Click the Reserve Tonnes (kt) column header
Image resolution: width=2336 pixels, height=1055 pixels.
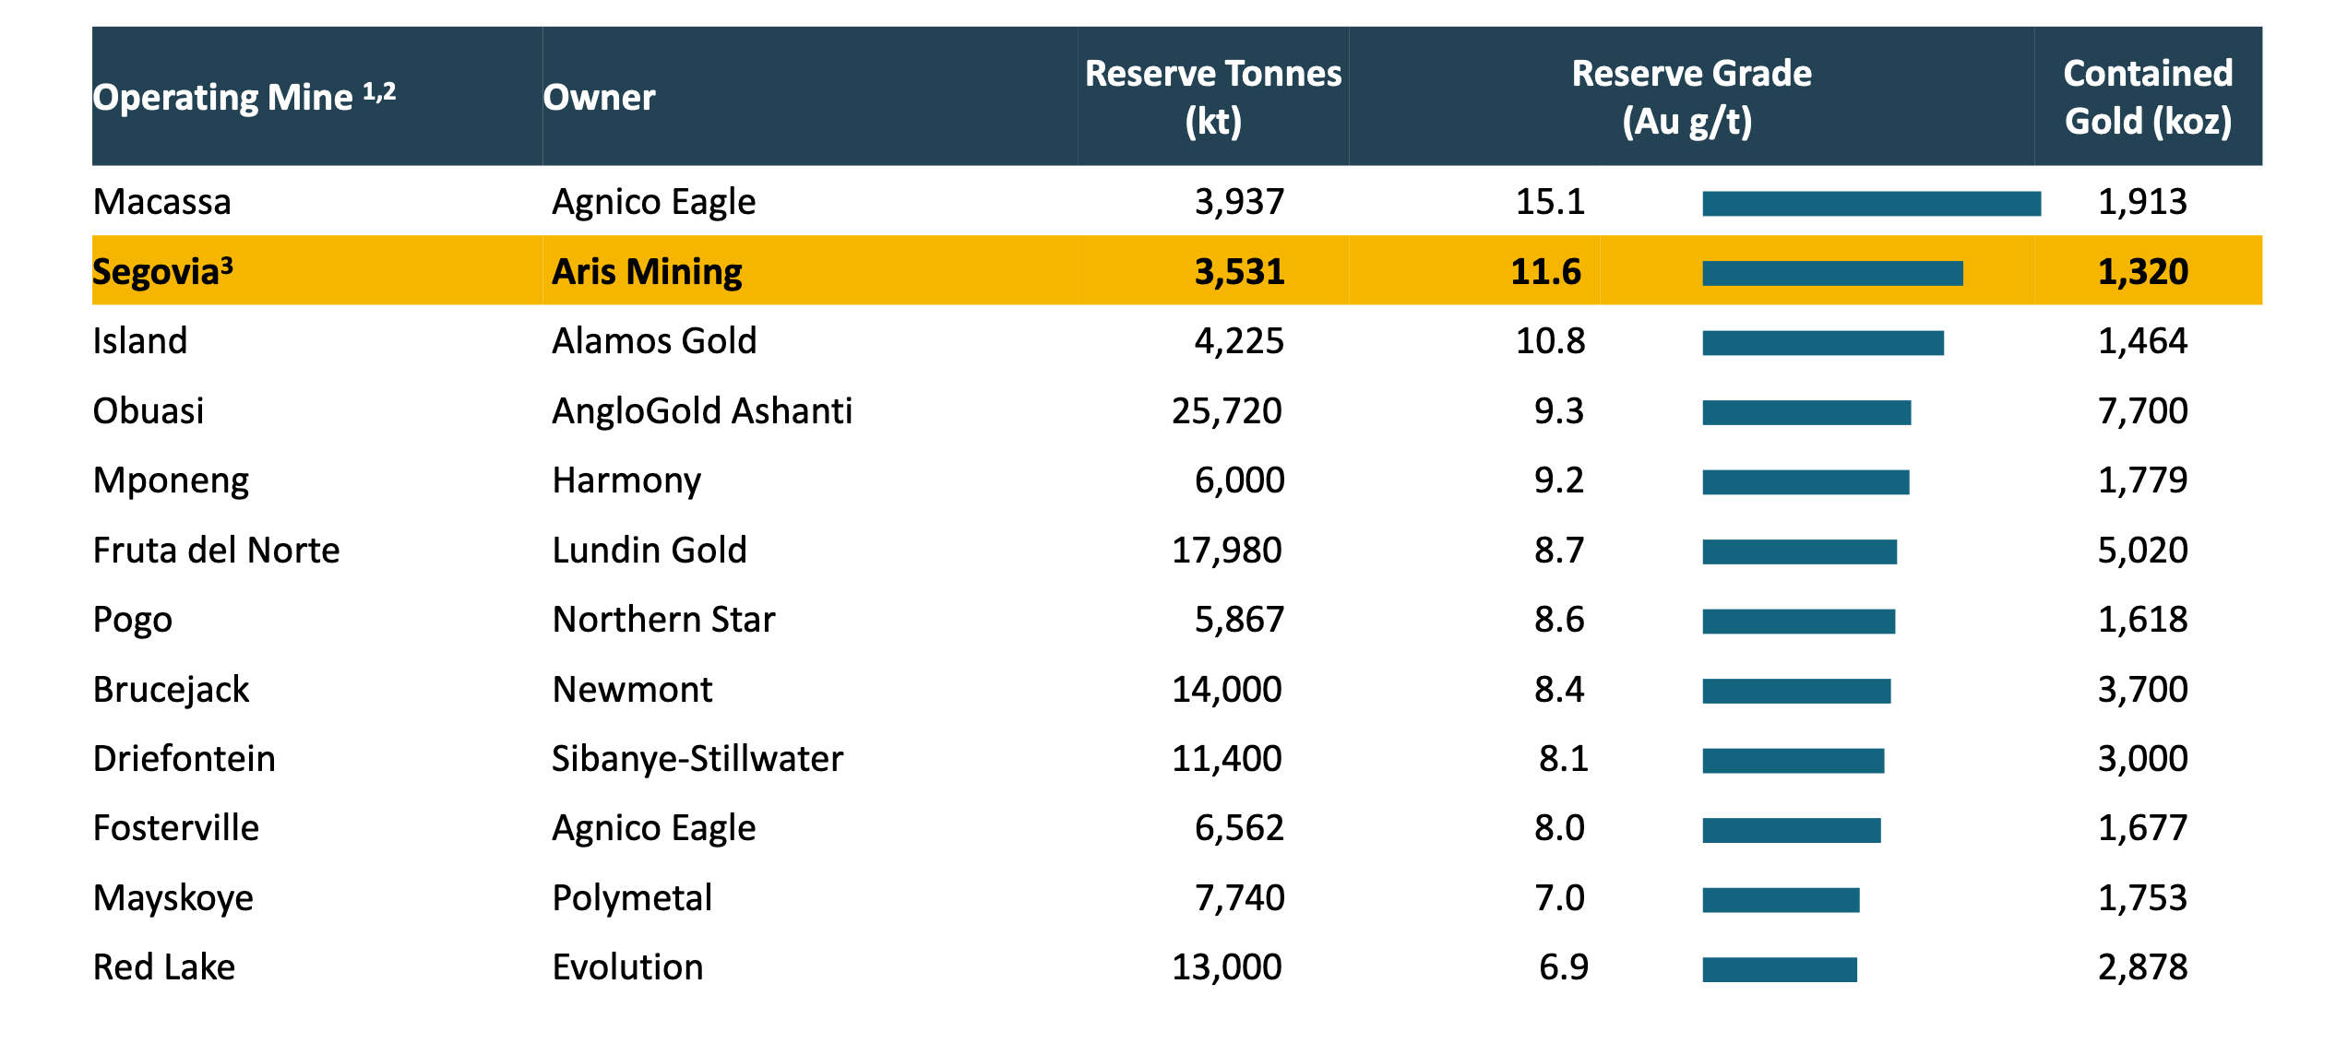pyautogui.click(x=1212, y=97)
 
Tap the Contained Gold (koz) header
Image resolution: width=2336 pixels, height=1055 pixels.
pyautogui.click(x=2148, y=97)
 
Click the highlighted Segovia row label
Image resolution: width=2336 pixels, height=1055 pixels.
pyautogui.click(x=162, y=272)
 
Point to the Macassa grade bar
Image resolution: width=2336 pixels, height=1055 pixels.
pyautogui.click(x=1871, y=204)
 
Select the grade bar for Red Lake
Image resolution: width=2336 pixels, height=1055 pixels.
pyautogui.click(x=1779, y=969)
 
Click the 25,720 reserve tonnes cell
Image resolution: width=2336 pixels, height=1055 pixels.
pyautogui.click(x=1226, y=411)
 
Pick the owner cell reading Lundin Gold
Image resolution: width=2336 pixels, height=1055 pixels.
pyautogui.click(x=649, y=551)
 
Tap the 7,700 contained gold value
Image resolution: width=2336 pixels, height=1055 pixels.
pyautogui.click(x=2142, y=411)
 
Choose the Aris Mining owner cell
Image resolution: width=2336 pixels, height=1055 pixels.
pyautogui.click(x=647, y=272)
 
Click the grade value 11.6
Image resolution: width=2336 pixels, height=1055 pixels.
pyautogui.click(x=1545, y=272)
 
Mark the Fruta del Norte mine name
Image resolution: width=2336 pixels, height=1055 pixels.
pyautogui.click(x=216, y=551)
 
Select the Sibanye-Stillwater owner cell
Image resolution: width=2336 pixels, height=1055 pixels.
pyautogui.click(x=697, y=759)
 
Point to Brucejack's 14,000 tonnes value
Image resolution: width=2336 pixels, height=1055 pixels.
pyautogui.click(x=1226, y=690)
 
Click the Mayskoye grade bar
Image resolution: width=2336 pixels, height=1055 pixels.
pyautogui.click(x=1781, y=900)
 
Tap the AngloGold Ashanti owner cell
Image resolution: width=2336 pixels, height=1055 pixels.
pyautogui.click(x=701, y=411)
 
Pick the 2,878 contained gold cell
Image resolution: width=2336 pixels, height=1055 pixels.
pyautogui.click(x=2142, y=967)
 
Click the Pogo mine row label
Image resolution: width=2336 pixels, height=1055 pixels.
pyautogui.click(x=133, y=620)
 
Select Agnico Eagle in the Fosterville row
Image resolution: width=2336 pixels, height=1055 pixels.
pyautogui.click(x=653, y=828)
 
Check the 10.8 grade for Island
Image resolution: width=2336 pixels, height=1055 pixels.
pyautogui.click(x=1550, y=341)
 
